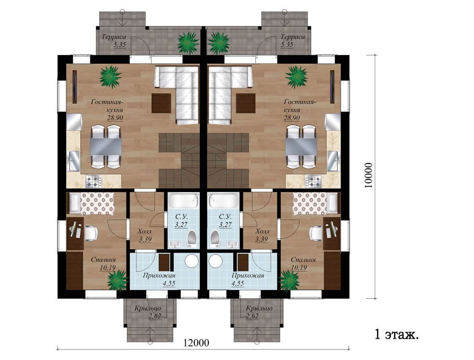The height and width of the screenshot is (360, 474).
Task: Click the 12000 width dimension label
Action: click(x=196, y=343)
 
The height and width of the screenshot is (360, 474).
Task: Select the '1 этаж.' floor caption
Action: click(x=396, y=335)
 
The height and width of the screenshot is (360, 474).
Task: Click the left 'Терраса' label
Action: click(x=114, y=37)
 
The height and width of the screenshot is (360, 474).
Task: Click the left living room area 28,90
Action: click(x=115, y=118)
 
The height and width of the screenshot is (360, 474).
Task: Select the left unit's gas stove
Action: click(x=94, y=181)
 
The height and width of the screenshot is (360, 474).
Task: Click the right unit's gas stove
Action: click(x=313, y=181)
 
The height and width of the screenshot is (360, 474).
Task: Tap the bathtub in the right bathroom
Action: click(x=223, y=200)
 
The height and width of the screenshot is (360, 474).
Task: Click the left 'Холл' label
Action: click(x=145, y=232)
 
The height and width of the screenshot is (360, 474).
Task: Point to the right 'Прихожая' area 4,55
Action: click(x=238, y=284)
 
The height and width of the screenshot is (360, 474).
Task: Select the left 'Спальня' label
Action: click(x=103, y=260)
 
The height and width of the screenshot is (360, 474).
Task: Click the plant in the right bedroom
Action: click(x=290, y=280)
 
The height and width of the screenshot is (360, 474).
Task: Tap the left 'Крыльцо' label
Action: click(x=148, y=309)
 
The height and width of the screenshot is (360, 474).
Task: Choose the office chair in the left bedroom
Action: click(x=91, y=233)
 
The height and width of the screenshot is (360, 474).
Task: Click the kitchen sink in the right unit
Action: click(x=334, y=160)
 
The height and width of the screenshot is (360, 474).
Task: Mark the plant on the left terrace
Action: click(x=188, y=43)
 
